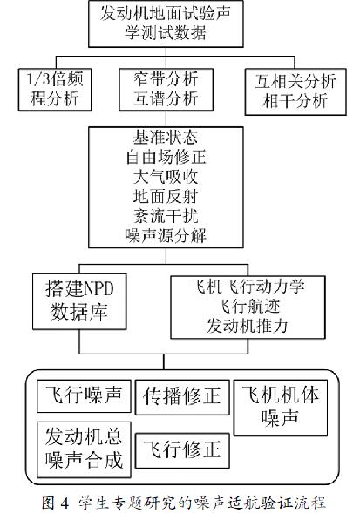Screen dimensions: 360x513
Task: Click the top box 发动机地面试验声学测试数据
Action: pos(166,24)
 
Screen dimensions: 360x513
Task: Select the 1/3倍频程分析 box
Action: pos(55,90)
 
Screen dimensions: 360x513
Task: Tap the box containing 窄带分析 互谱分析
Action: pos(166,90)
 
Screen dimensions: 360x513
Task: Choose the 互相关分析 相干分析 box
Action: pos(295,91)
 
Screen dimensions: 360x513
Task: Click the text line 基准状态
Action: pos(166,138)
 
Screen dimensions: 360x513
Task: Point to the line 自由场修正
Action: pos(166,158)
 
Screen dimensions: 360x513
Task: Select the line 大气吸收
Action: pos(166,177)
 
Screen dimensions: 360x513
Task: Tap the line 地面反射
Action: pos(166,197)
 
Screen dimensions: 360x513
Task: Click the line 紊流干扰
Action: pos(166,216)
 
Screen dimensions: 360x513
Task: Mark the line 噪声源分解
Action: pos(166,236)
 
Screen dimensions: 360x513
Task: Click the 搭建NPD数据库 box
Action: pos(79,301)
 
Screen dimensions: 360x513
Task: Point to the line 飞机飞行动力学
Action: pos(248,287)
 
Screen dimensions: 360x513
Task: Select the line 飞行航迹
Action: pos(248,307)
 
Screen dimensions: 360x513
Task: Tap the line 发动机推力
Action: pos(248,327)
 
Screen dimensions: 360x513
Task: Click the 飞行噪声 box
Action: pos(84,396)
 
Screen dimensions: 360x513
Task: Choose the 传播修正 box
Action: pos(182,397)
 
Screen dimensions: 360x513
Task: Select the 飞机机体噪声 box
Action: pos(281,408)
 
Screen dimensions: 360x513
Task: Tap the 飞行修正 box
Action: pos(182,450)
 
